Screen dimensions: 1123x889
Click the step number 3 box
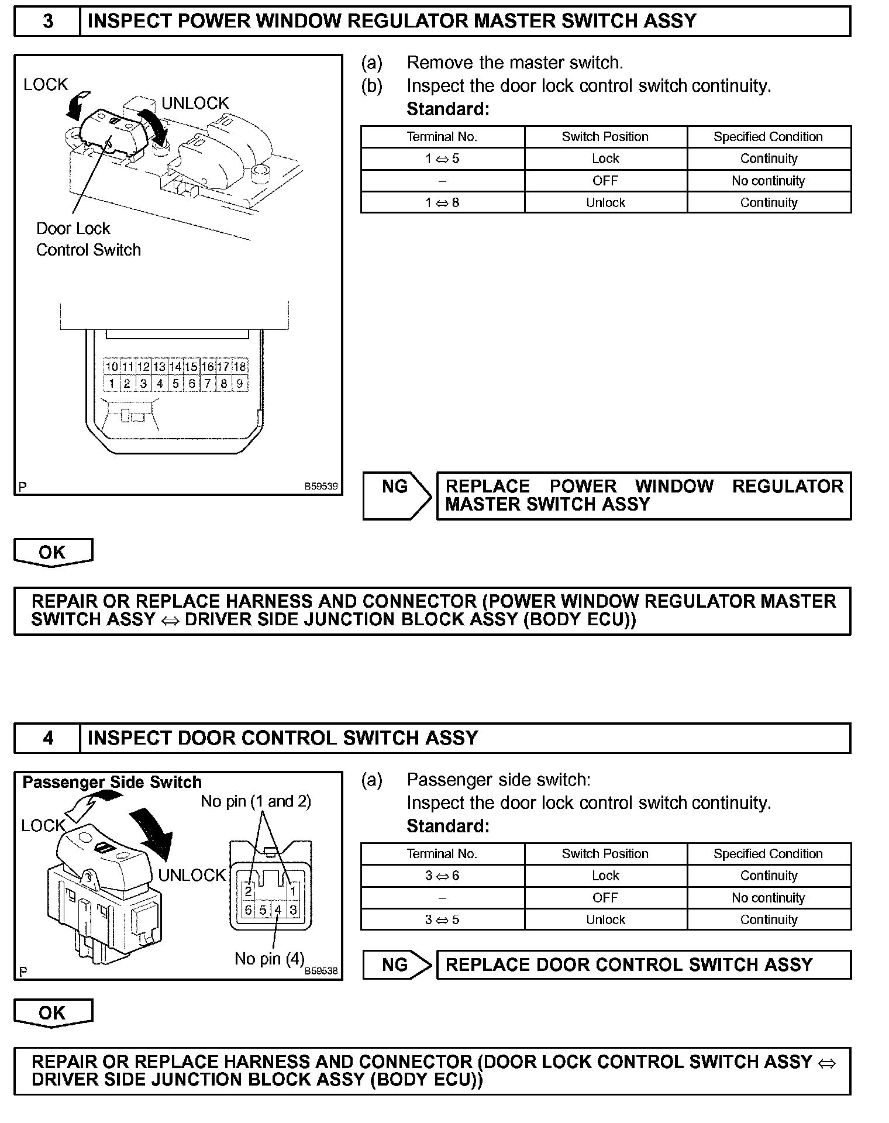(47, 21)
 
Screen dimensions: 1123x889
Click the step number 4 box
(47, 738)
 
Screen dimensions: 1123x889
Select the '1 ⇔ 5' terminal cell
(442, 159)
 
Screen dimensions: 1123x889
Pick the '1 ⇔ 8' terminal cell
(442, 203)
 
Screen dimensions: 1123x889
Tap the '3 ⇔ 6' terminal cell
(442, 876)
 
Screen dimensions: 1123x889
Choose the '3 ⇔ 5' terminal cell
(442, 919)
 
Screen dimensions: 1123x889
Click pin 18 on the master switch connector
(240, 367)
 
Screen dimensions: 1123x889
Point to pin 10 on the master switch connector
(112, 367)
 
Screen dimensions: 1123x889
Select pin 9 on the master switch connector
(240, 384)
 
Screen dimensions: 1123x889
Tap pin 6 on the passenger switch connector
(248, 910)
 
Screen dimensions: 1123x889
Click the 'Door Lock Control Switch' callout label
(88, 239)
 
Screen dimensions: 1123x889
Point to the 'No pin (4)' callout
(269, 959)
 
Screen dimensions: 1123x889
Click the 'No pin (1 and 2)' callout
(256, 801)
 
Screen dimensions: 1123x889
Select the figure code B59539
(321, 486)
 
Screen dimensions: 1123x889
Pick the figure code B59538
(321, 971)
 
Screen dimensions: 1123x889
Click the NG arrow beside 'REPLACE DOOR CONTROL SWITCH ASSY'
(396, 964)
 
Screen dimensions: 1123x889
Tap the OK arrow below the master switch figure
(53, 553)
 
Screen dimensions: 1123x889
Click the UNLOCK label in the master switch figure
(195, 104)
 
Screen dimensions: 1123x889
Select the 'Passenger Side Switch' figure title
(112, 783)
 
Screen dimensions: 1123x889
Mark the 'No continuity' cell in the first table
(768, 181)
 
